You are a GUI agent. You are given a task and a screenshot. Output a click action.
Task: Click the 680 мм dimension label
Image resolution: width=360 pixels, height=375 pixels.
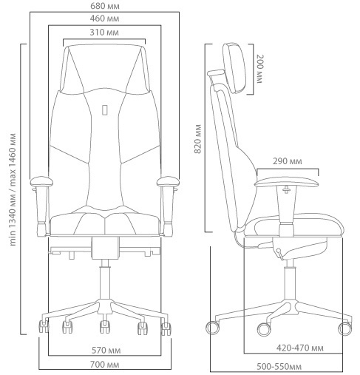(x=105, y=6)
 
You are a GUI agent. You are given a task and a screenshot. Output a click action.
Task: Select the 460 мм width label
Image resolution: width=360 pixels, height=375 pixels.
(x=104, y=18)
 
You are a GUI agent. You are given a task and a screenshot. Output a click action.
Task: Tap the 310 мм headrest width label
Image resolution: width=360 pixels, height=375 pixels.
(x=104, y=33)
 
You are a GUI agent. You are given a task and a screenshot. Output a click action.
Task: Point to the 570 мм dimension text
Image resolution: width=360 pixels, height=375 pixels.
(x=106, y=350)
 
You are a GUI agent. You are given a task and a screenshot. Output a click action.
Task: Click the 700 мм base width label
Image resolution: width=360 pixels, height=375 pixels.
(x=105, y=365)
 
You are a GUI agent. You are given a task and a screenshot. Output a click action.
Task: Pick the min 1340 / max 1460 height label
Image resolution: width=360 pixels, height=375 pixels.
(x=13, y=189)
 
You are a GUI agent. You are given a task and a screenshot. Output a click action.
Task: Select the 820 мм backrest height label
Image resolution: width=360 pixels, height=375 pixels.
(x=197, y=139)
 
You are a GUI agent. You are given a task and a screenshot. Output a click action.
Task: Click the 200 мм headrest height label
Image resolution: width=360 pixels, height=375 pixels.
(x=260, y=69)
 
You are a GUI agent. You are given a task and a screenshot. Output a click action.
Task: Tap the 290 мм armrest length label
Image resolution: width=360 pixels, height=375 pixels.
(x=288, y=161)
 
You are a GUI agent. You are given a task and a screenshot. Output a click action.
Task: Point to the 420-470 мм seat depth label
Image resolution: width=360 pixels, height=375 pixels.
(x=300, y=348)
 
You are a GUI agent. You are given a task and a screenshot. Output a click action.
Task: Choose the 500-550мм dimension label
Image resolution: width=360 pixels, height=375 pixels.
(x=279, y=367)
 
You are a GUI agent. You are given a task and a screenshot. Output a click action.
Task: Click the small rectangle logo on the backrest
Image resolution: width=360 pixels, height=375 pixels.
(x=105, y=110)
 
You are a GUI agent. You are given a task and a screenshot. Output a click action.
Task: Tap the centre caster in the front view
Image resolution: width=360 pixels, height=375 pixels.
(x=105, y=327)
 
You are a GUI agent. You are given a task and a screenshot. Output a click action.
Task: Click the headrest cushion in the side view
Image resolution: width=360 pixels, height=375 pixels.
(x=235, y=68)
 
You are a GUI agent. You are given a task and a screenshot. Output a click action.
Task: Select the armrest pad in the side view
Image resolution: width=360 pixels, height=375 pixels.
(x=287, y=183)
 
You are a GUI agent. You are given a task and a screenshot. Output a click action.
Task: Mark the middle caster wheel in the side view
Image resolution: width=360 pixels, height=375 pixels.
(x=264, y=329)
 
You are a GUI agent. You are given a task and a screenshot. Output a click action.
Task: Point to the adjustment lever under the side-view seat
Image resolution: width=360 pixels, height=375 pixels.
(x=279, y=254)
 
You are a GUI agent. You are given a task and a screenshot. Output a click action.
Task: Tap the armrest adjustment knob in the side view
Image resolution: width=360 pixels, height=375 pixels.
(x=286, y=190)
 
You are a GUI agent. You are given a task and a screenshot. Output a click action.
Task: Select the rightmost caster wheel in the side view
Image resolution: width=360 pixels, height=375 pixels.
(x=344, y=328)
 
